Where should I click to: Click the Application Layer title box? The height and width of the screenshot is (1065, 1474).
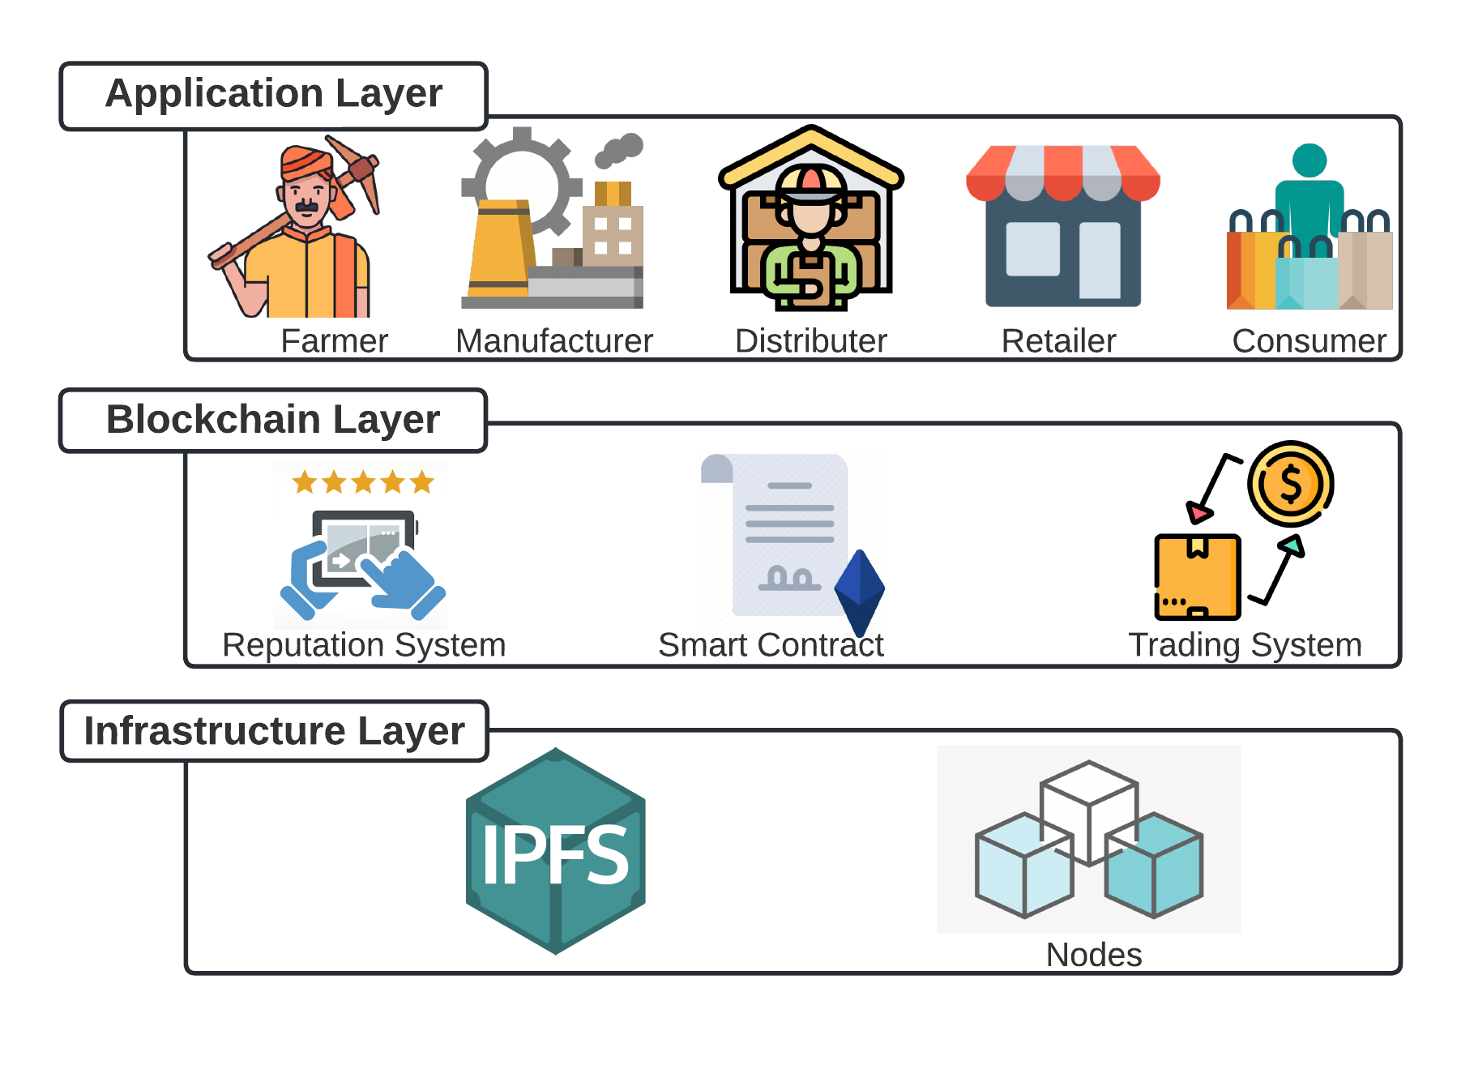pos(274,95)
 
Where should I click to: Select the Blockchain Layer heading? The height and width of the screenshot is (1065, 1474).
pos(273,420)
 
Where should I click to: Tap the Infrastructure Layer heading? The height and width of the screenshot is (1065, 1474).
pos(275,731)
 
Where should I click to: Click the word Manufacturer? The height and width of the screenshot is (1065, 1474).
pos(554,341)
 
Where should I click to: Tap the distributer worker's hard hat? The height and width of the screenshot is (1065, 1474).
pos(810,183)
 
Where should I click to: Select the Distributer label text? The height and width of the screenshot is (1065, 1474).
pos(810,341)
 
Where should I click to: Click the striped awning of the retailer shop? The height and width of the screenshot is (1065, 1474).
pos(1062,171)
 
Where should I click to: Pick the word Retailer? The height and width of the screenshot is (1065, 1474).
pos(1058,341)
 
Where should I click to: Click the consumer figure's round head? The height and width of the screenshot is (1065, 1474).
pos(1309,160)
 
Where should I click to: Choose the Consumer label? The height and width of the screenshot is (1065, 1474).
pos(1309,341)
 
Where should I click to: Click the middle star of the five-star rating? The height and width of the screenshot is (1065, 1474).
pos(364,482)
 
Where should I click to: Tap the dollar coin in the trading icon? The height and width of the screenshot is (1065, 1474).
pos(1290,484)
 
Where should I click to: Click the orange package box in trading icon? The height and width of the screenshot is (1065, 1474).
pos(1198,576)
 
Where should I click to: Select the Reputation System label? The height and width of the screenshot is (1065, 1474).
pos(364,645)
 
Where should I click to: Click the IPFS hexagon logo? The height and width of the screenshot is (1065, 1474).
pos(556,851)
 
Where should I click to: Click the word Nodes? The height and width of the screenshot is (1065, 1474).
pos(1093,955)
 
